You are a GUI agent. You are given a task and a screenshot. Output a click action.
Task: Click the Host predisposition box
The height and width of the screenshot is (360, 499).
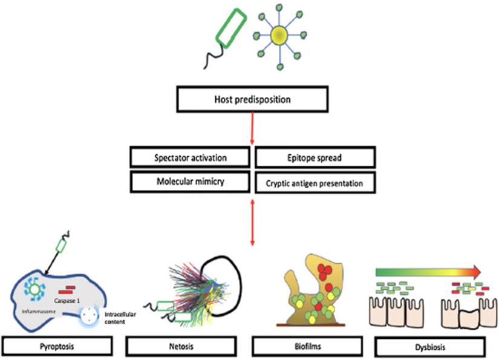pos(251,99)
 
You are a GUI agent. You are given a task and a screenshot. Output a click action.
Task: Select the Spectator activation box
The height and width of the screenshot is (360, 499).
pos(190,157)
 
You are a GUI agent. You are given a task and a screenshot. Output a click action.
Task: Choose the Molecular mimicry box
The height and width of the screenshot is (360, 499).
pos(190,180)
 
